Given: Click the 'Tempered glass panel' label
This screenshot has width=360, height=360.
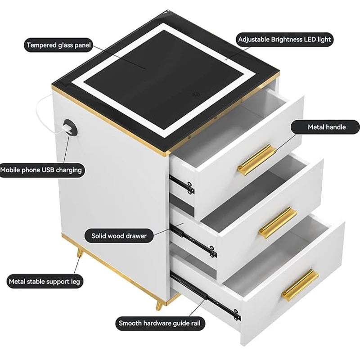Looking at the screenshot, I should tap(58, 45).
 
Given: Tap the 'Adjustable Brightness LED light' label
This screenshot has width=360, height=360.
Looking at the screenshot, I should tap(284, 39).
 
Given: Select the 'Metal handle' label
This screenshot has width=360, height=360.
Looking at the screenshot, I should tap(326, 127).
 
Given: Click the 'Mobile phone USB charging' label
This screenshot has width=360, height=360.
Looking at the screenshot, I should tap(41, 170).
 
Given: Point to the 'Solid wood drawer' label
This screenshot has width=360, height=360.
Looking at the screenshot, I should tap(119, 235).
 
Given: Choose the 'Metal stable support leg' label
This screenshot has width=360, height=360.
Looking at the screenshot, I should tap(44, 282).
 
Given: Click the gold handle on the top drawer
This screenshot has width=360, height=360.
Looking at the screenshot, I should tap(254, 160).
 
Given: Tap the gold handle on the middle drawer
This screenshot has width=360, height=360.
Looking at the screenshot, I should tap(277, 222).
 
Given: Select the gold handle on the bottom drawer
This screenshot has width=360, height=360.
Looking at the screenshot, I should tap(300, 284).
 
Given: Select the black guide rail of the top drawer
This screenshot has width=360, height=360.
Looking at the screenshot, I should tap(182, 183).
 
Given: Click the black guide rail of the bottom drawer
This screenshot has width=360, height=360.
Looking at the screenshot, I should tap(205, 297).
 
